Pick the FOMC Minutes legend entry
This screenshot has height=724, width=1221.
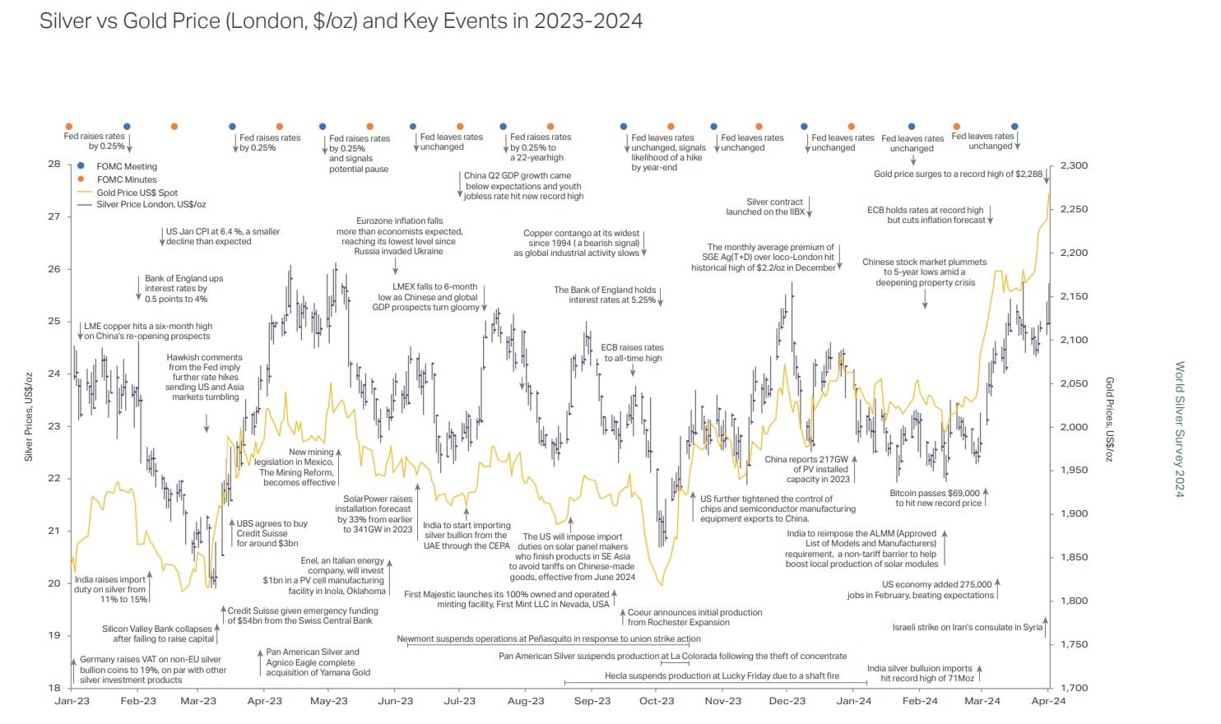tap(126, 179)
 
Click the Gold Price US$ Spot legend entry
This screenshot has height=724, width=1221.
tap(137, 193)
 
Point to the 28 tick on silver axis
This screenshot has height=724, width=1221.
tap(54, 164)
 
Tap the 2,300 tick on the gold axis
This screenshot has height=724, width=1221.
tap(1074, 165)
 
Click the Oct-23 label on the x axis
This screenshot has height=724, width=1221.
tap(657, 701)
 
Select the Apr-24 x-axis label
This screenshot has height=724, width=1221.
tap(1048, 701)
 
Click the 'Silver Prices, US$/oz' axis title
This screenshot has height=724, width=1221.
tap(29, 415)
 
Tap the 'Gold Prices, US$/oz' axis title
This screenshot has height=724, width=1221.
tap(1108, 420)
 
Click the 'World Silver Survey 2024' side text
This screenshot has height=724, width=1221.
tap(1178, 429)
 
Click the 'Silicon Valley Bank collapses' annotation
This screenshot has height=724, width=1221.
tap(157, 633)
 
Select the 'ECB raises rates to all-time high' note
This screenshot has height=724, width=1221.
tap(632, 352)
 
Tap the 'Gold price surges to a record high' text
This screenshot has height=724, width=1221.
tap(958, 174)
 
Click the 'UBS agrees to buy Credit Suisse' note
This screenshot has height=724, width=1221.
tap(272, 533)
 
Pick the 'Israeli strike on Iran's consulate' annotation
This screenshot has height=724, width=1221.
tap(967, 627)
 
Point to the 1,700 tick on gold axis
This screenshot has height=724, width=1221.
tap(1074, 688)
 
